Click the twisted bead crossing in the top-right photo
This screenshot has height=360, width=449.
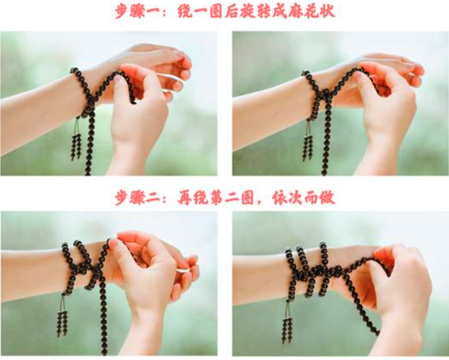tap(325, 94)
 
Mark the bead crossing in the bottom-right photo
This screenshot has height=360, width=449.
tap(324, 271)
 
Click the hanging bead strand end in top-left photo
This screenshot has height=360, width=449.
tap(88, 171)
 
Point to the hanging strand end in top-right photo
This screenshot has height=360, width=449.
tap(324, 172)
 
